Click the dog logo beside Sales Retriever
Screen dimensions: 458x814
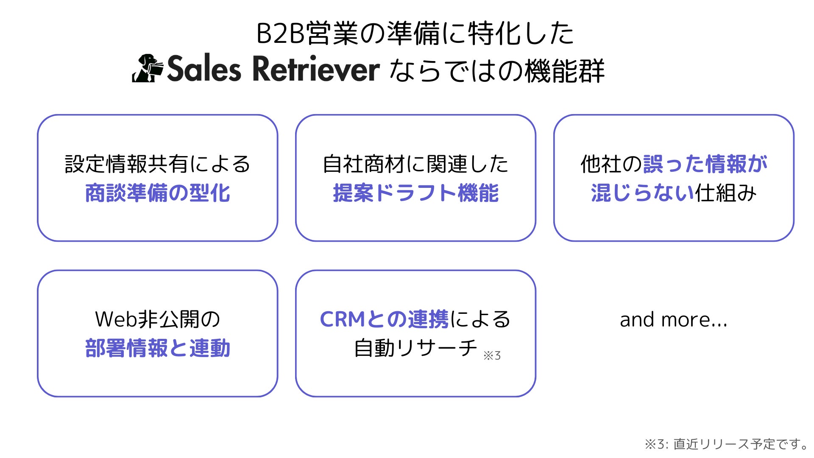(147, 68)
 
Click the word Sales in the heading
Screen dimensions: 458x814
(204, 69)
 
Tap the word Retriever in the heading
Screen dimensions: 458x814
(316, 69)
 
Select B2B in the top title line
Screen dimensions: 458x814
(281, 34)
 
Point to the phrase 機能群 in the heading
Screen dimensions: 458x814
(564, 70)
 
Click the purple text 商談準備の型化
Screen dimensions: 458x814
(157, 193)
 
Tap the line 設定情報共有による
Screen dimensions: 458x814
(157, 164)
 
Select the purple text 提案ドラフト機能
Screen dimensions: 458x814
(415, 193)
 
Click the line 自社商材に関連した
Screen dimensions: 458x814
(415, 164)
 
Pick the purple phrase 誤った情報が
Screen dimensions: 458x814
(705, 164)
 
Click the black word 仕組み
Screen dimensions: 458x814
(725, 193)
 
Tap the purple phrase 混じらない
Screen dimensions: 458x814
(642, 193)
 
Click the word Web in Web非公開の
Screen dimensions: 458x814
(117, 319)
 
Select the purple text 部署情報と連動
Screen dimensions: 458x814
(157, 349)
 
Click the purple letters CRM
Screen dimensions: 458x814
(342, 319)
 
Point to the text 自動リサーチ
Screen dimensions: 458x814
(415, 349)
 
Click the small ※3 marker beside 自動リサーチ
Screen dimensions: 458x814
(492, 355)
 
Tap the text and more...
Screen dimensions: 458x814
(673, 320)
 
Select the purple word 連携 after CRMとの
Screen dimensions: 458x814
(428, 319)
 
